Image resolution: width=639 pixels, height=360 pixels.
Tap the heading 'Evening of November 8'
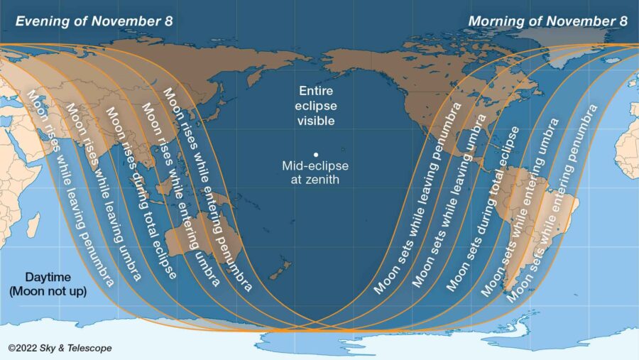[94, 21]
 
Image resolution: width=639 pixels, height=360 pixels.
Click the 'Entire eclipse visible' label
[316, 106]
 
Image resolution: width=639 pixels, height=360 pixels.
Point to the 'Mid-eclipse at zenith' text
[316, 173]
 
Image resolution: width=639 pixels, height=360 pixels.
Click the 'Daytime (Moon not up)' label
[48, 283]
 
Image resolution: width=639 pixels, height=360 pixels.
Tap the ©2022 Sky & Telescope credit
[60, 348]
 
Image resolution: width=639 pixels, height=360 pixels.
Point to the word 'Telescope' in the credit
[91, 348]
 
